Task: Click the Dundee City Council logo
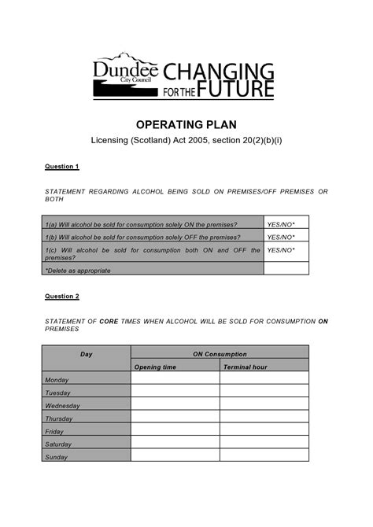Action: click(x=126, y=76)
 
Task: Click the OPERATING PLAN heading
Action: click(x=186, y=125)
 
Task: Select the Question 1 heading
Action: click(x=62, y=167)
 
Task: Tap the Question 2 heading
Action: click(x=62, y=297)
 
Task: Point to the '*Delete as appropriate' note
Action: click(x=78, y=270)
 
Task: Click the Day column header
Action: click(x=87, y=354)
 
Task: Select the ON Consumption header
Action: click(x=220, y=354)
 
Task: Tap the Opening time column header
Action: click(x=155, y=367)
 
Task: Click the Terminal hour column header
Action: click(x=246, y=367)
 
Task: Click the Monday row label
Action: click(x=58, y=380)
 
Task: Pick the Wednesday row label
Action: click(x=63, y=406)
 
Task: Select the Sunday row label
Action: click(x=57, y=457)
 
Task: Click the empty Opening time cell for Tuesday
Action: click(x=175, y=392)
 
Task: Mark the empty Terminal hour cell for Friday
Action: click(x=264, y=431)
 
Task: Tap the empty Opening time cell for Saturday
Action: click(x=175, y=444)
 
